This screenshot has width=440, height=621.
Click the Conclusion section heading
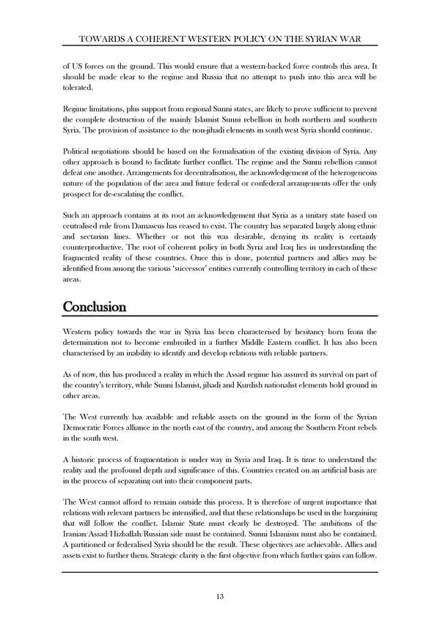95,307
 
